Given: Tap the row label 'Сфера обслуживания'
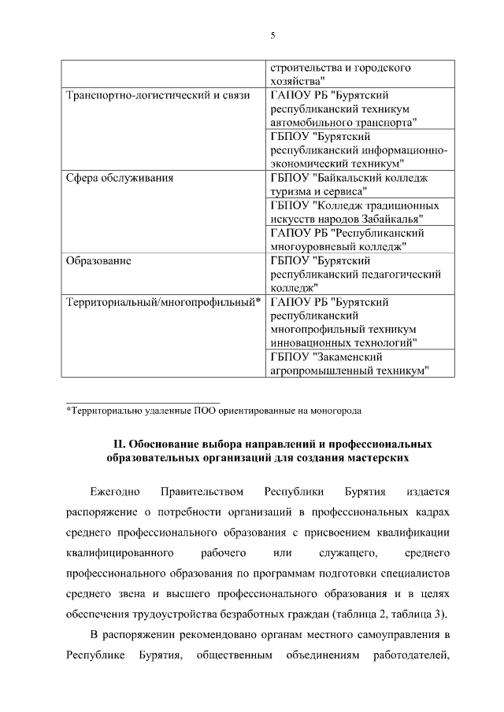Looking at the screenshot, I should [119, 178].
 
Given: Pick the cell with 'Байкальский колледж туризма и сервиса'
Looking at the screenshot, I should [360, 184].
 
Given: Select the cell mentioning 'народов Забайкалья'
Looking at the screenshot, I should [360, 212].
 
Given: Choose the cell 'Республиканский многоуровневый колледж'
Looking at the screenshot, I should [360, 239].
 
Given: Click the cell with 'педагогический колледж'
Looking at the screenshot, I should [360, 274].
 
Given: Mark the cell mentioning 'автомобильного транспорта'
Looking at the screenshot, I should [360, 109].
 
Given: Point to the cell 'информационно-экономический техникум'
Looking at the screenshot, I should [360, 149].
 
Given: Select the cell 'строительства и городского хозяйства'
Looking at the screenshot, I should [360, 74].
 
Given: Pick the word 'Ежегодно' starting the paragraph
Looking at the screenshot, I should [115, 492].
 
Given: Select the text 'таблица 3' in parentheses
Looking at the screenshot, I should [422, 614].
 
